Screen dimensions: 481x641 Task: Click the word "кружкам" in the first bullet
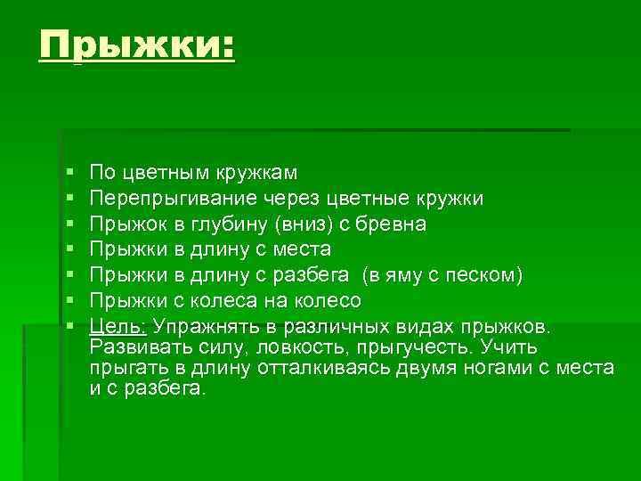pyautogui.click(x=262, y=173)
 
